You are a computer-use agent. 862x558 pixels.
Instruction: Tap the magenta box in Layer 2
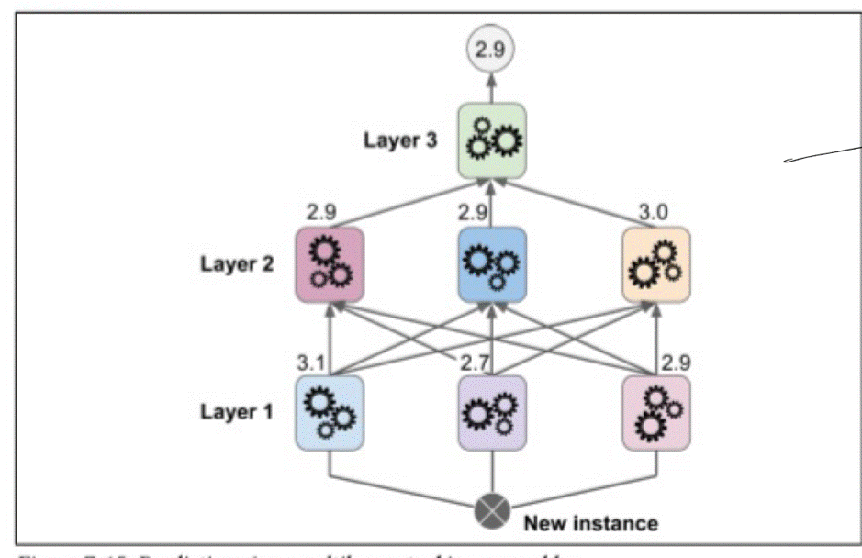pos(330,265)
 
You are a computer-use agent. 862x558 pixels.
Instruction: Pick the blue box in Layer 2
pos(493,265)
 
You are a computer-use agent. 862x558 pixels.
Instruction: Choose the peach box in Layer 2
pos(655,265)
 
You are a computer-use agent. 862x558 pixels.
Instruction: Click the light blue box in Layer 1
pos(330,412)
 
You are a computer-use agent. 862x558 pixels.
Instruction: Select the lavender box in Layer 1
pos(493,412)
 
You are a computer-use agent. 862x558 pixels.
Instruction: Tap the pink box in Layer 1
pos(655,412)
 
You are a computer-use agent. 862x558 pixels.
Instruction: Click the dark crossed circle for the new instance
pos(493,509)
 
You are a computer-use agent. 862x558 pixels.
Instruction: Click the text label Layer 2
pos(236,266)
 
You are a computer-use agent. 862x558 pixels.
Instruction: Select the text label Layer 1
pos(236,411)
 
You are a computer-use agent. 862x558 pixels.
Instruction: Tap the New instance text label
pos(591,523)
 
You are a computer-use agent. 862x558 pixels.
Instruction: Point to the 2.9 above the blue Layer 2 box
pos(474,213)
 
